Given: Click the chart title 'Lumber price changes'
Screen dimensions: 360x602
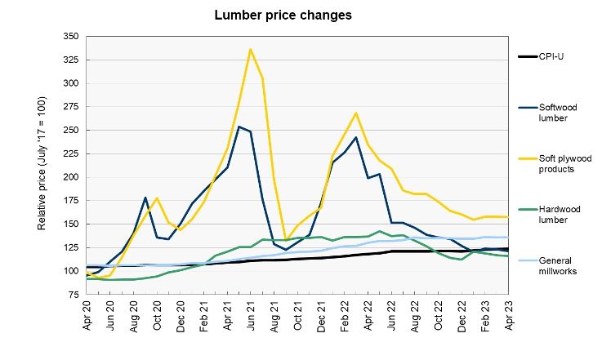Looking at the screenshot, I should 272,15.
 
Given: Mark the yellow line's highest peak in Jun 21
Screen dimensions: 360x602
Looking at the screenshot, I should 250,49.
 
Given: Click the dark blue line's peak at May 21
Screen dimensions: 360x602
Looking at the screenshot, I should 239,127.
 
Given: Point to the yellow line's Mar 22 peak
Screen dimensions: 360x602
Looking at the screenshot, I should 356,113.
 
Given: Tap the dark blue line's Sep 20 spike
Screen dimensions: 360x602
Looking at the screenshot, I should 145,198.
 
